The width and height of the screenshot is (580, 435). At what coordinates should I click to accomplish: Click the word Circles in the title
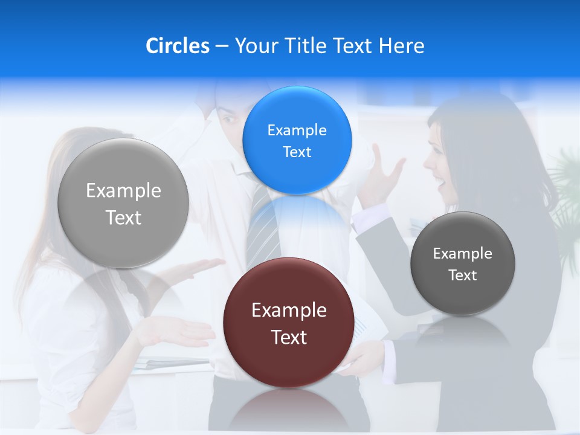pos(178,46)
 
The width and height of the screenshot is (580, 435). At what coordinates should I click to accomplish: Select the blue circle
pos(297,140)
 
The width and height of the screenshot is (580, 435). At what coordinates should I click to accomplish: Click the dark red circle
pos(289,323)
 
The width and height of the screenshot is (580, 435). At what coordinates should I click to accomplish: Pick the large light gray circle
pos(123,203)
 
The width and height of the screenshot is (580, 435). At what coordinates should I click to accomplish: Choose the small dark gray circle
pos(462,263)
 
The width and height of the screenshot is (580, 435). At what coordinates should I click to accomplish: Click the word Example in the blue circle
pos(297,130)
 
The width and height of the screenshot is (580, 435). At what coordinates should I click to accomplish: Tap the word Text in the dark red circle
pos(289,337)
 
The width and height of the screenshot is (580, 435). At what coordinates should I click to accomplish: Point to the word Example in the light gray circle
pos(123,191)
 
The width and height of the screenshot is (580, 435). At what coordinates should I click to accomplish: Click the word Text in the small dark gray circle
pos(462,275)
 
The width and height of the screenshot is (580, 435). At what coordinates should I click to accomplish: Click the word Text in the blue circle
pos(297,152)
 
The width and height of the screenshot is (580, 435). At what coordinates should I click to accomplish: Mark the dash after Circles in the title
pos(222,46)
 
